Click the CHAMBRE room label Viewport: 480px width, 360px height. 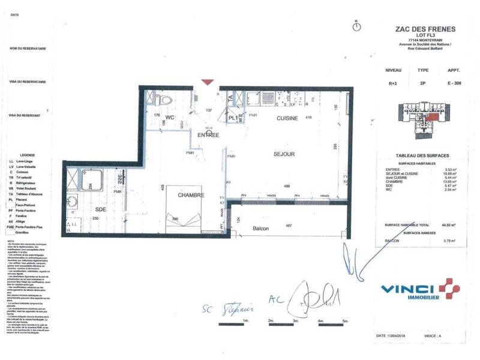click(191, 195)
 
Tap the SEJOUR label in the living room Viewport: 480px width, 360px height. click(284, 154)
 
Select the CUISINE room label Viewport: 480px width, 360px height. click(287, 119)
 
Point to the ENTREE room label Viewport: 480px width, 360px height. click(208, 135)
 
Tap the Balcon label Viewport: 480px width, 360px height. click(261, 229)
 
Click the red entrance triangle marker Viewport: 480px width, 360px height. click(207, 82)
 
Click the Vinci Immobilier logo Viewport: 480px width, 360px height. click(420, 290)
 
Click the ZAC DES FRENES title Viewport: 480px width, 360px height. click(425, 29)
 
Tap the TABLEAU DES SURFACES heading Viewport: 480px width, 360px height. click(425, 155)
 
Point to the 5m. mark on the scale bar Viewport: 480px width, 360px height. click(345, 322)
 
